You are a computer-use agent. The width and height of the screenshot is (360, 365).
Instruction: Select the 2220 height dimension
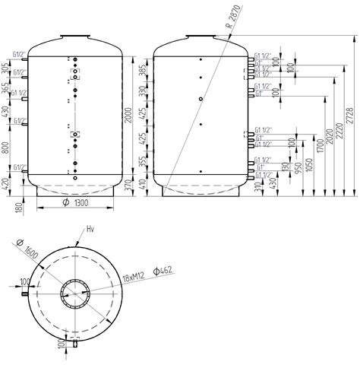[x=338, y=135]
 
